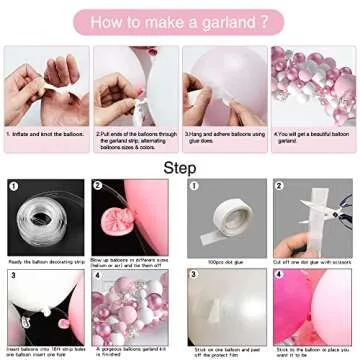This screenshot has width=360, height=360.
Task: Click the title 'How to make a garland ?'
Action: point(179,19)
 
